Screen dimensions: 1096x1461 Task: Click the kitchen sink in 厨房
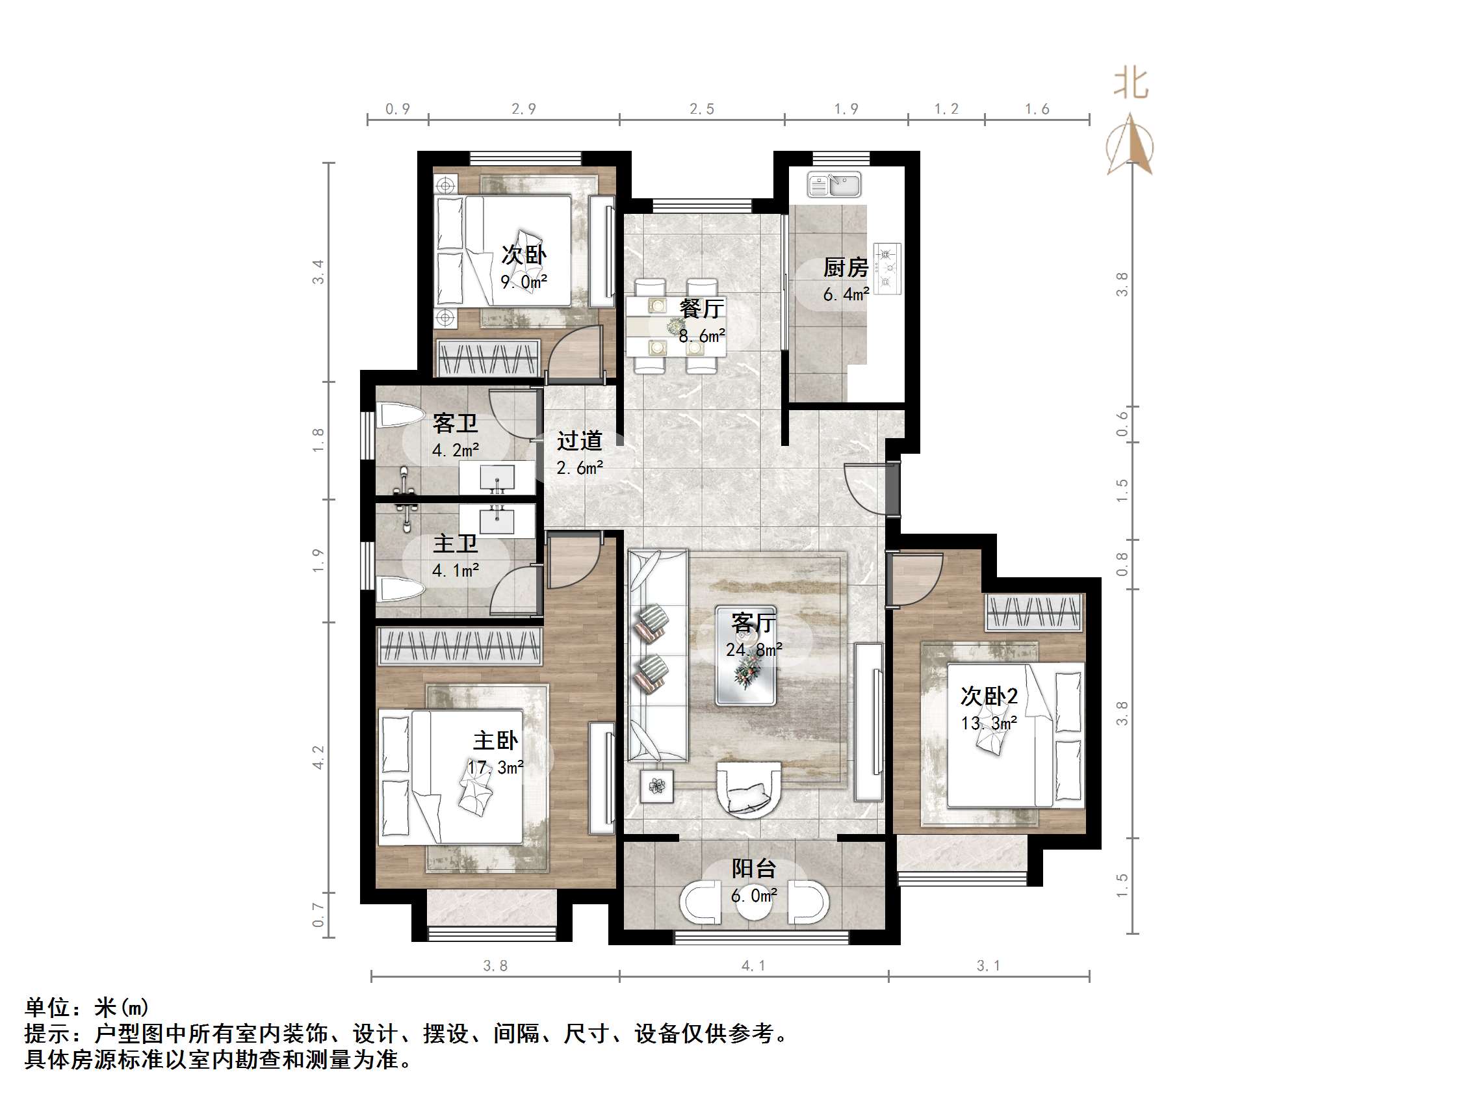(x=834, y=185)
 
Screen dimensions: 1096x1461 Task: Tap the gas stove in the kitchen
(x=887, y=268)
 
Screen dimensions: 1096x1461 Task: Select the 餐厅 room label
(x=701, y=309)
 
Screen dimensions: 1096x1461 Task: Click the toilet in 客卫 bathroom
(x=400, y=416)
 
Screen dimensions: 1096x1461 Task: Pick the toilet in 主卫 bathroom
(x=400, y=588)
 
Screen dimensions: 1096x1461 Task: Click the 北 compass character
(x=1131, y=84)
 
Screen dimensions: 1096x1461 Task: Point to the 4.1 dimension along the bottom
(x=754, y=966)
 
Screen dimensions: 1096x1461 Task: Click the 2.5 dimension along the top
(x=701, y=109)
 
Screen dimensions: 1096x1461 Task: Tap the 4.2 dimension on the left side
(x=318, y=757)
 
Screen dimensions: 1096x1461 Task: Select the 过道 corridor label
(x=579, y=441)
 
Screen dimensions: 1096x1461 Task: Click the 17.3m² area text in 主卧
(x=495, y=768)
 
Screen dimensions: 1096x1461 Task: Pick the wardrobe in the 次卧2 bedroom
(x=1033, y=612)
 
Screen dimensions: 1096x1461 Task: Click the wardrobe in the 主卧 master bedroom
(x=459, y=646)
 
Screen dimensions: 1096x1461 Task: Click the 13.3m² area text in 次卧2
(x=989, y=724)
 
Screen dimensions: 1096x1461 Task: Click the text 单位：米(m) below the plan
(x=86, y=1008)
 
